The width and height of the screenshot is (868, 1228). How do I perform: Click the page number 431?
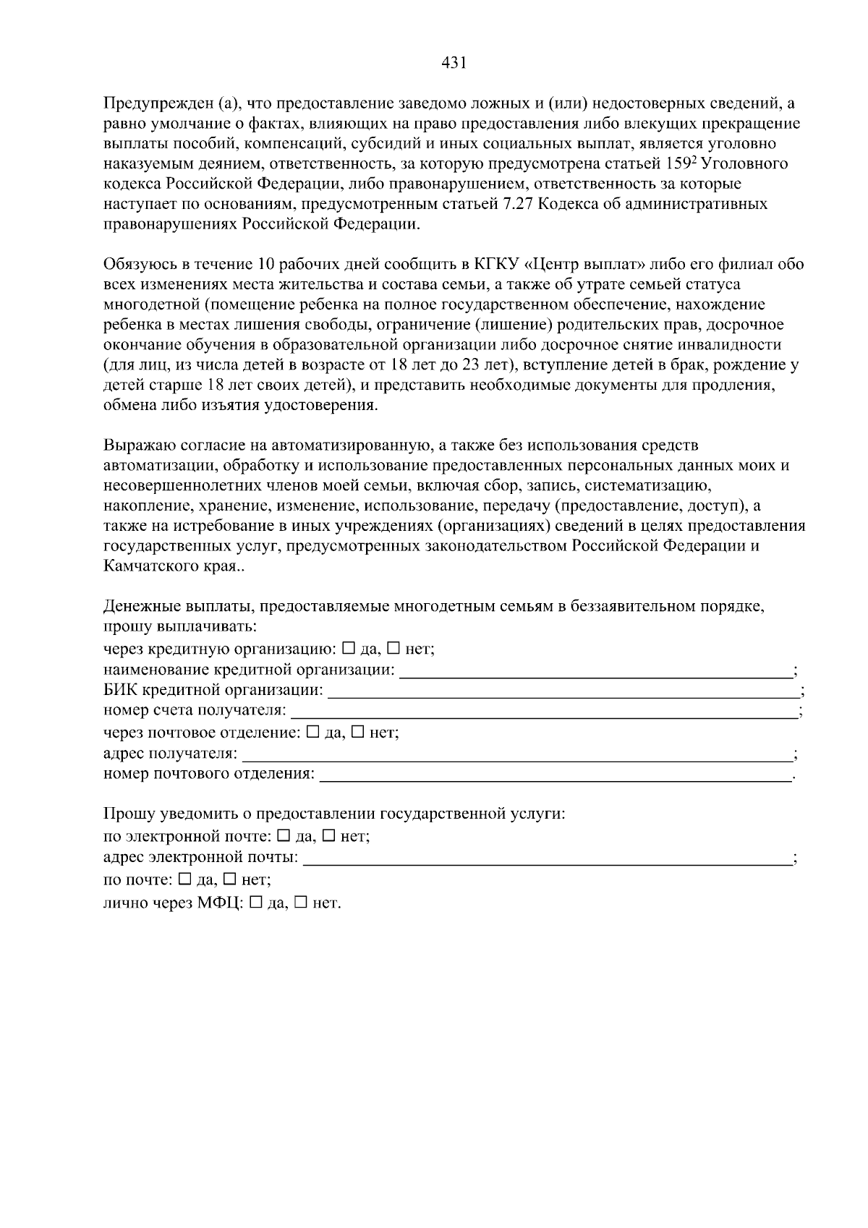[x=453, y=63]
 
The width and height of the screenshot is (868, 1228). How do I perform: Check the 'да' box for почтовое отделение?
[x=313, y=732]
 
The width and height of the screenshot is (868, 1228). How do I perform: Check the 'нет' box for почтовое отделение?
[x=359, y=732]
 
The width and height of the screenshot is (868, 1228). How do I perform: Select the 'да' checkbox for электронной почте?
[x=284, y=836]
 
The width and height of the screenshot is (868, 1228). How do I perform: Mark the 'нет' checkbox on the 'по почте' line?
[x=231, y=879]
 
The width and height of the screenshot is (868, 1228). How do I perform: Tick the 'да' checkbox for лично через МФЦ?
[x=255, y=902]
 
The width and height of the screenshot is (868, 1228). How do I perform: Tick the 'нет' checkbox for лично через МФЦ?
[x=302, y=902]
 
